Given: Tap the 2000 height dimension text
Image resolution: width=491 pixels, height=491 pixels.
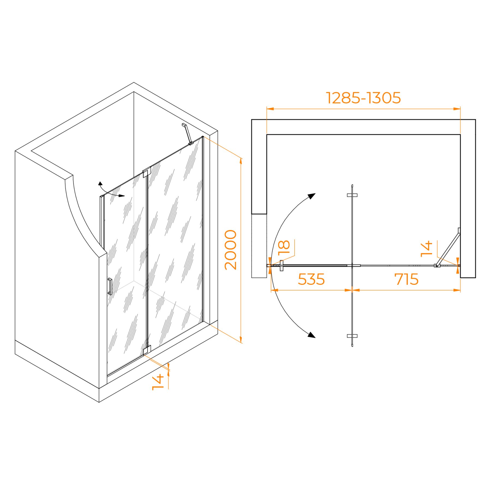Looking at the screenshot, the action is [230, 250].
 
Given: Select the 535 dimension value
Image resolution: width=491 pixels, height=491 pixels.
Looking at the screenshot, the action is [311, 279].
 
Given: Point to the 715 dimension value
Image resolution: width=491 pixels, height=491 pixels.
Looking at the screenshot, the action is [406, 279].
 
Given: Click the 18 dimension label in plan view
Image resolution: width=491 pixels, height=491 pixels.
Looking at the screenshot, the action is [284, 247].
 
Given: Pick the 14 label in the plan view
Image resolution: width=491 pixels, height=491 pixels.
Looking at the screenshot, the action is [426, 249].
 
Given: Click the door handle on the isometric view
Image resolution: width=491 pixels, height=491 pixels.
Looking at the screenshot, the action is [110, 286].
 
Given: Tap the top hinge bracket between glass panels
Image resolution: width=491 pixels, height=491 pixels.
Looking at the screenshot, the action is [147, 172].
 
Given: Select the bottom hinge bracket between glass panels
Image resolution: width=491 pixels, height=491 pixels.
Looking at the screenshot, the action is [147, 350].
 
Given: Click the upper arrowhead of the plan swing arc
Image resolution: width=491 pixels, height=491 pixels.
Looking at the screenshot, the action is [312, 196].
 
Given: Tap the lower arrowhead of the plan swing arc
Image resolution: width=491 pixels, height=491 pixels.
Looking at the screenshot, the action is [312, 335].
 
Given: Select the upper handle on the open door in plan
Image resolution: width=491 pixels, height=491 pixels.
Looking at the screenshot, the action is [352, 195].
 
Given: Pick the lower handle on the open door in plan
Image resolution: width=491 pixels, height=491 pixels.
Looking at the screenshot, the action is [352, 336].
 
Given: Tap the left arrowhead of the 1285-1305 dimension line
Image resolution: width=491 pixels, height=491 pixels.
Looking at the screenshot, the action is [270, 109].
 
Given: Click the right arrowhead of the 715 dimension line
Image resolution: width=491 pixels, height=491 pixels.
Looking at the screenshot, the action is [457, 290].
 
